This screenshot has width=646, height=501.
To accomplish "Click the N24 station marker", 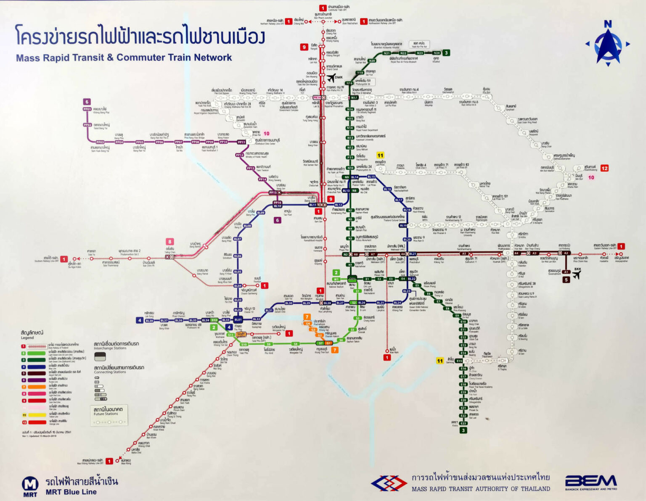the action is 436,53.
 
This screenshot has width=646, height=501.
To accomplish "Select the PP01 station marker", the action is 87,109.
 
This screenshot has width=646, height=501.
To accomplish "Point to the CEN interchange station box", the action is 352,278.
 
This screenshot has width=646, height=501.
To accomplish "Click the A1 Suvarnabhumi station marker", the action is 566,272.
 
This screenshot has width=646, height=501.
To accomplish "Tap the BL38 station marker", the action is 149,321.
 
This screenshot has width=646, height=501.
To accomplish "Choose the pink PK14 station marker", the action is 316,98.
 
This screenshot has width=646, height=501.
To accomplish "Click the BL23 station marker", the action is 407,291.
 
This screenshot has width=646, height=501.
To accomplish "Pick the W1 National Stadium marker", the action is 336,279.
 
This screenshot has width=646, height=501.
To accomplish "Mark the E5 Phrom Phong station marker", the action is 417,285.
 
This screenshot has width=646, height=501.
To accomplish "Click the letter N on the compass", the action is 608,24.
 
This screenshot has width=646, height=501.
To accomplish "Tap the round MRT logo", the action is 30,485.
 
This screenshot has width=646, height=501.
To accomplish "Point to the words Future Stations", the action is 106,414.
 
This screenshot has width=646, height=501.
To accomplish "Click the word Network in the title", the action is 212,58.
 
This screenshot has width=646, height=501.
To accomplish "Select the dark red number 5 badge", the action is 566,280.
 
